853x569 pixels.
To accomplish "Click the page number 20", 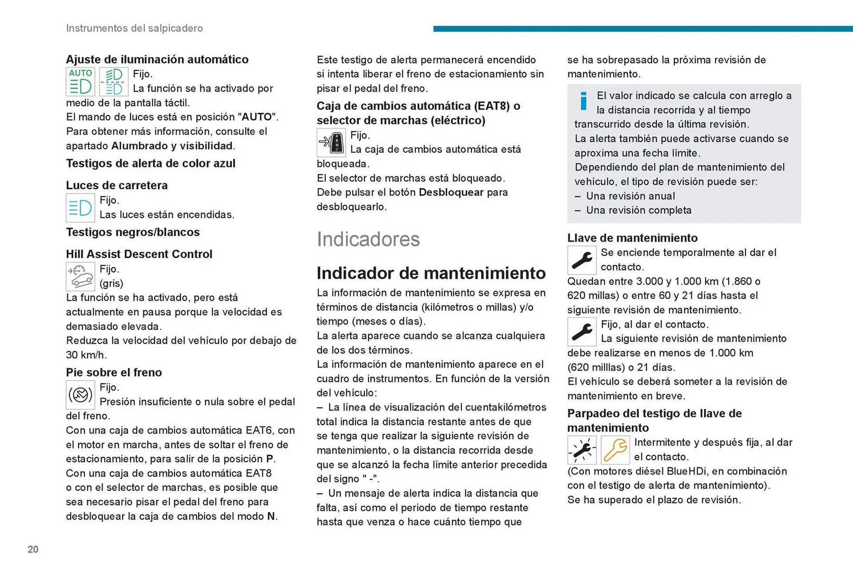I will (x=33, y=549).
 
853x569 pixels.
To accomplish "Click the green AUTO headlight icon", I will (x=80, y=82).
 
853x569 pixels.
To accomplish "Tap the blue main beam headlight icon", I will (x=80, y=207).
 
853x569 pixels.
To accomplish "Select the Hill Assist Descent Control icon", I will (x=80, y=276).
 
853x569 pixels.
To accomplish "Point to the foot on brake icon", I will (x=80, y=394).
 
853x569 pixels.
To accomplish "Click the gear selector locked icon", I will (x=331, y=143).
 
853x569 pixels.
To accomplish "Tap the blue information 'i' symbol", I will (x=583, y=101).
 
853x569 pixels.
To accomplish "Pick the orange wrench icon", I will (x=615, y=450).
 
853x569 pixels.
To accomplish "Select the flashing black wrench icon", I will (x=582, y=450).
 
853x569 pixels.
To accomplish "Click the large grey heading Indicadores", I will (x=368, y=239).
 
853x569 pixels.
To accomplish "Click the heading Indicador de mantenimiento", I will (x=431, y=273).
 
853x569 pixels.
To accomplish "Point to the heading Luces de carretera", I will (x=117, y=185).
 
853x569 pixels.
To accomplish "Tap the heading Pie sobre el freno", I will (x=114, y=372).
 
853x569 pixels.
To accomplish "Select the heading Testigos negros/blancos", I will (x=133, y=232).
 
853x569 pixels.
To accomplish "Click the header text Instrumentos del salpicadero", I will (x=134, y=28).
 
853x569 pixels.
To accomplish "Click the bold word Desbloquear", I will (x=451, y=192).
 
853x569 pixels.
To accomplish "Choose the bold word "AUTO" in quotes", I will (x=257, y=117).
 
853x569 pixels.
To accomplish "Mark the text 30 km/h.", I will (x=86, y=355).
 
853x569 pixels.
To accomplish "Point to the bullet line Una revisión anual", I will (x=630, y=196).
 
